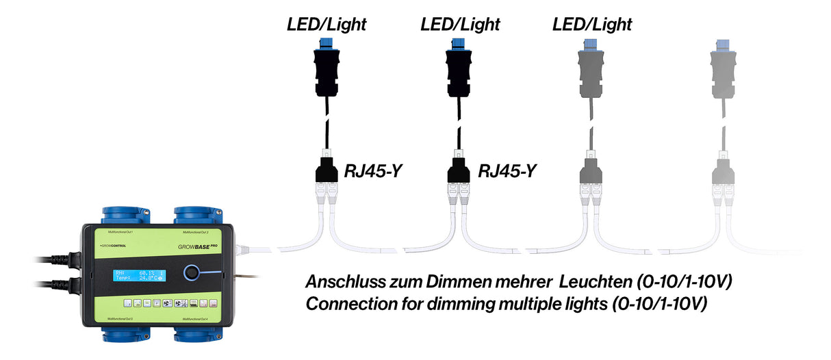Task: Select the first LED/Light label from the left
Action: [327, 25]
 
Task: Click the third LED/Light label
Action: [592, 25]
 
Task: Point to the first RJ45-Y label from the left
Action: [372, 170]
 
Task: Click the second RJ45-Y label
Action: [507, 170]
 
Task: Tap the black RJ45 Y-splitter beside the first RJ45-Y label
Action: [327, 172]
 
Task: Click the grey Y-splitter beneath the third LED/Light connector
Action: [591, 172]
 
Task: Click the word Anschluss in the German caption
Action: [341, 281]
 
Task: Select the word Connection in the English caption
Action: [346, 303]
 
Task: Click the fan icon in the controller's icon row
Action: [168, 303]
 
